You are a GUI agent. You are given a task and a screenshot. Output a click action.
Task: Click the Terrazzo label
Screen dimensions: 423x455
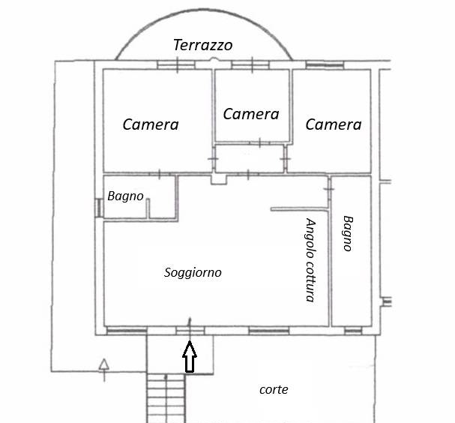pyautogui.click(x=202, y=45)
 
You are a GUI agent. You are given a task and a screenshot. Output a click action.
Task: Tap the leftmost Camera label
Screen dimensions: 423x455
pyautogui.click(x=151, y=124)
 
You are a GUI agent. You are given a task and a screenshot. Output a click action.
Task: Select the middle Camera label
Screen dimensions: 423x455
pyautogui.click(x=251, y=114)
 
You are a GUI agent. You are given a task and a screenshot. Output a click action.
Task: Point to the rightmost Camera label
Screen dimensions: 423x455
pyautogui.click(x=334, y=124)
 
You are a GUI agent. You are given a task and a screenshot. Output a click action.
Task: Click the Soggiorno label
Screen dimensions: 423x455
pyautogui.click(x=193, y=273)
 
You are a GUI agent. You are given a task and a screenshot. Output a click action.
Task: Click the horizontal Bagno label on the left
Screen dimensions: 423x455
pyautogui.click(x=125, y=196)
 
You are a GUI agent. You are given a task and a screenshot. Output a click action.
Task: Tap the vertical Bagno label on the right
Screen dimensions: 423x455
pyautogui.click(x=348, y=233)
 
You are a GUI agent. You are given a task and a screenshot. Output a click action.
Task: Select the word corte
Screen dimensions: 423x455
pyautogui.click(x=274, y=389)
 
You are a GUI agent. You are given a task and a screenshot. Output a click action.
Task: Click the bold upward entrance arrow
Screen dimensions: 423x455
pyautogui.click(x=190, y=357)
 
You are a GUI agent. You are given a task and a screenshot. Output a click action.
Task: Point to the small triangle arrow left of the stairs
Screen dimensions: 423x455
pyautogui.click(x=103, y=364)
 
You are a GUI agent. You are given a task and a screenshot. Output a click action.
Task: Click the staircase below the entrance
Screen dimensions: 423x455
pyautogui.click(x=166, y=397)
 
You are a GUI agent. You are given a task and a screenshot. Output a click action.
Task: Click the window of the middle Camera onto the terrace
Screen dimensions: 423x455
pyautogui.click(x=250, y=66)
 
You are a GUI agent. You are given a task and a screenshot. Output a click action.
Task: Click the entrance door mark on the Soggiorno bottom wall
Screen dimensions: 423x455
pyautogui.click(x=189, y=328)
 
